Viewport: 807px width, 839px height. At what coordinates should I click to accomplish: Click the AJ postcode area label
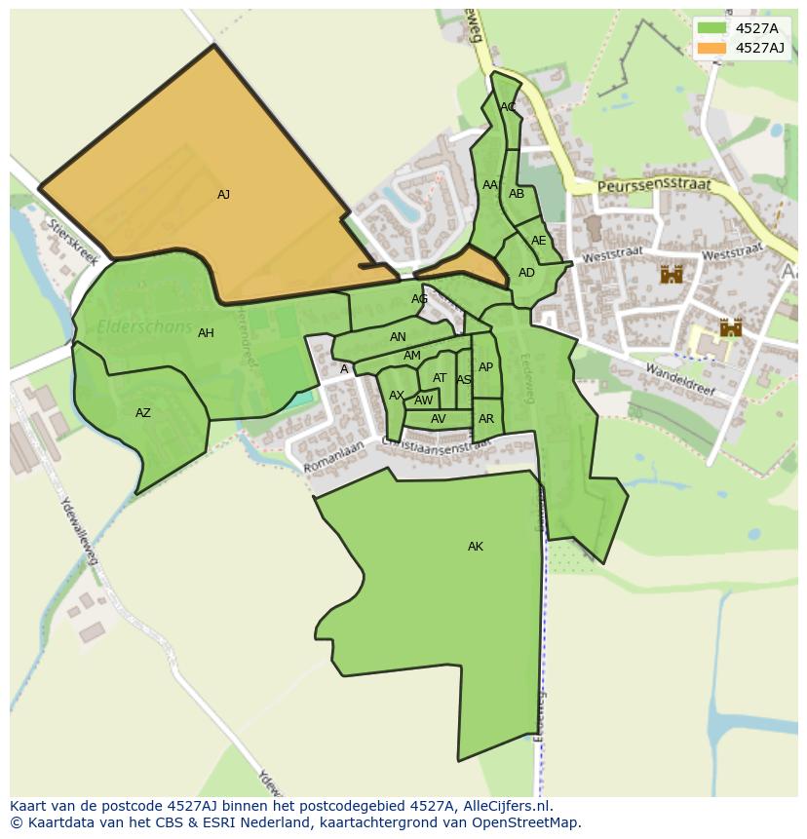click(x=223, y=195)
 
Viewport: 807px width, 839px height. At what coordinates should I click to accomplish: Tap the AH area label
click(x=206, y=333)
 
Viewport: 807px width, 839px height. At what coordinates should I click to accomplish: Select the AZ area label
click(x=143, y=413)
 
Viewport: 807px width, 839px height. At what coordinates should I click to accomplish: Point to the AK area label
click(x=476, y=547)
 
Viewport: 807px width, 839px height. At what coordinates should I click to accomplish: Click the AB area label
click(x=517, y=194)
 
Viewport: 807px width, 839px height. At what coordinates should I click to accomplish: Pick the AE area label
click(x=538, y=241)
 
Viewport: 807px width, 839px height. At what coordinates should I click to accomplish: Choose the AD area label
click(x=526, y=273)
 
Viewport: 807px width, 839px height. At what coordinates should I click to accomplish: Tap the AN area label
click(x=398, y=337)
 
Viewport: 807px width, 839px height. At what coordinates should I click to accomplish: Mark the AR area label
click(x=486, y=419)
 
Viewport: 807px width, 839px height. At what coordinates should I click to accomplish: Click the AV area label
click(x=439, y=419)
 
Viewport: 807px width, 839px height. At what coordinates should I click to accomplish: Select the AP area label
click(x=485, y=367)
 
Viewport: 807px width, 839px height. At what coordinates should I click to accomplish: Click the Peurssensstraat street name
click(x=655, y=184)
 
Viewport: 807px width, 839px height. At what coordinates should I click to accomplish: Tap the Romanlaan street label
click(x=332, y=459)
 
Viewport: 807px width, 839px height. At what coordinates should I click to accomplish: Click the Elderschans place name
click(x=144, y=327)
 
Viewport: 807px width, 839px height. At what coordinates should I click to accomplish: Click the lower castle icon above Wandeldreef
click(x=731, y=327)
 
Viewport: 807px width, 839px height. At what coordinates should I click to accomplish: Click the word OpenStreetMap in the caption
click(x=528, y=822)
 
